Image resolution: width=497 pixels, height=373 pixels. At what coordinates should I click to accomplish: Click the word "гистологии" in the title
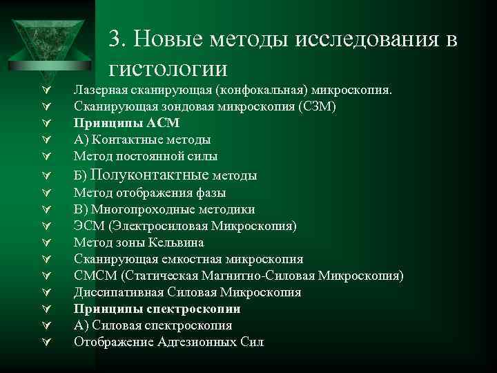click(x=168, y=69)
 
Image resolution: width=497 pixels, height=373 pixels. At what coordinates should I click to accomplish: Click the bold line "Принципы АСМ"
click(x=127, y=123)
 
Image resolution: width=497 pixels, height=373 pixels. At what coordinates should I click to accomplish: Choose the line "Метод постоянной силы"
click(x=146, y=156)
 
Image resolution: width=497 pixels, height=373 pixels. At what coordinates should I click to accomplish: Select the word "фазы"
click(x=212, y=193)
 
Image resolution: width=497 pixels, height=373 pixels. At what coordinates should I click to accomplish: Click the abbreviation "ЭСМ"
click(x=88, y=226)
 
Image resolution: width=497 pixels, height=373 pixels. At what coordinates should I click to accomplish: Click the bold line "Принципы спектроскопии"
click(x=157, y=309)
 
